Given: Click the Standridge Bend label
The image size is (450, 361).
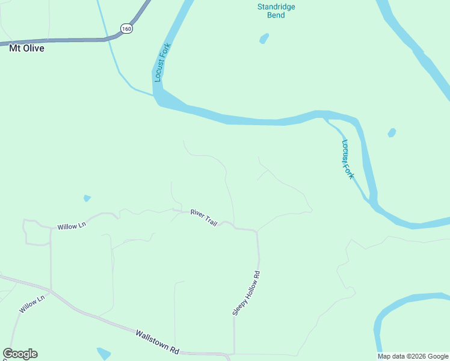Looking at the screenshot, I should [x=276, y=11].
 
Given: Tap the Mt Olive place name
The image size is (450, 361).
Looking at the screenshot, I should [x=26, y=48].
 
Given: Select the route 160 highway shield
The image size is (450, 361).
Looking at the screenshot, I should [x=126, y=28].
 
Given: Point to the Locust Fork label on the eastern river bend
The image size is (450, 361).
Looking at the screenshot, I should [x=348, y=159].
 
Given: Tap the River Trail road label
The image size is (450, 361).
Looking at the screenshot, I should [x=203, y=217].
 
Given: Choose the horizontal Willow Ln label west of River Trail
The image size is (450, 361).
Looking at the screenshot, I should [x=72, y=226].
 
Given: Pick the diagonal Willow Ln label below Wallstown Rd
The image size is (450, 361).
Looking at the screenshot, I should [x=32, y=304].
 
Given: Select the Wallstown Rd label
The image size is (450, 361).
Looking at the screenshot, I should [x=158, y=342].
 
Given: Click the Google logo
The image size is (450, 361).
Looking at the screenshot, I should [x=20, y=354].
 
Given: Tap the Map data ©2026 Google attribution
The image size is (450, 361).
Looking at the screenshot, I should [x=413, y=356].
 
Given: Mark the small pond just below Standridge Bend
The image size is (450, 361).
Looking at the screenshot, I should [x=264, y=39].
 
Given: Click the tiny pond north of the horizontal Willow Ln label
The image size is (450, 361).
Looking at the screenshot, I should [x=87, y=198].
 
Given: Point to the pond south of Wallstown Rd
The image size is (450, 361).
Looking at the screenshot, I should [x=103, y=353].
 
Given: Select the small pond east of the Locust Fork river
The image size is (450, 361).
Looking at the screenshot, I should [x=392, y=132].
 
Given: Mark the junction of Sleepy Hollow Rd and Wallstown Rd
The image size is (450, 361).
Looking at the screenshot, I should [x=233, y=354].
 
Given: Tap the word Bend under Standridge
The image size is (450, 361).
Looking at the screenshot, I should [x=276, y=15].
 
